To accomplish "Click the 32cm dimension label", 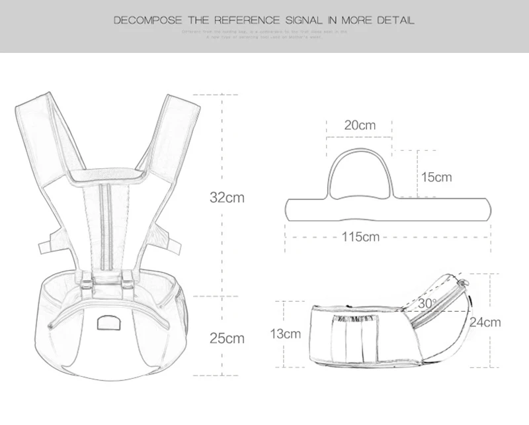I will (227, 197).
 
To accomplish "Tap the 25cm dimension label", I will (227, 338).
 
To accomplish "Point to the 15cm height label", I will (436, 177).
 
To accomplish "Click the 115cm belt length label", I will (360, 236).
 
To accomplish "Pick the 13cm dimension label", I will (285, 334).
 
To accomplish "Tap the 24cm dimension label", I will (485, 323).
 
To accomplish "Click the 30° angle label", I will (427, 303).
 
